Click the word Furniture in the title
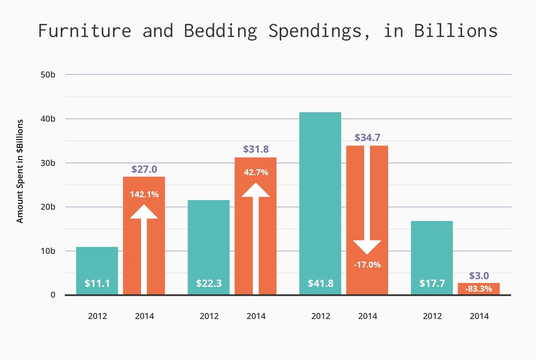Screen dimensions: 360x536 pos(85,31)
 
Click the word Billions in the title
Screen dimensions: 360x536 pos(456,31)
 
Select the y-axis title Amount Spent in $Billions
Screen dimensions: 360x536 pos(20,171)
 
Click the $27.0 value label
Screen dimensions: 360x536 pos(144,169)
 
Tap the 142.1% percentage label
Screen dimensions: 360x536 pos(144,195)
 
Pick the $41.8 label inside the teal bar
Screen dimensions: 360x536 pos(320,283)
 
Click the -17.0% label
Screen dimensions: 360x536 pos(367,265)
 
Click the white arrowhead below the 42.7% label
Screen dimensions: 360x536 pos(256,190)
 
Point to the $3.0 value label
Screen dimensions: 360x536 pos(479,276)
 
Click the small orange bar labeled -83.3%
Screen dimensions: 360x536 pos(479,288)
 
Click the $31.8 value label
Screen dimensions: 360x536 pos(256,149)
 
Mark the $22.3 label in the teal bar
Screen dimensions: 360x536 pos(209,283)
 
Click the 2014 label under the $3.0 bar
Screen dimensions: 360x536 pos(479,316)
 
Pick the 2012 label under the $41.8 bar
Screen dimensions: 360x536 pos(320,316)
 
